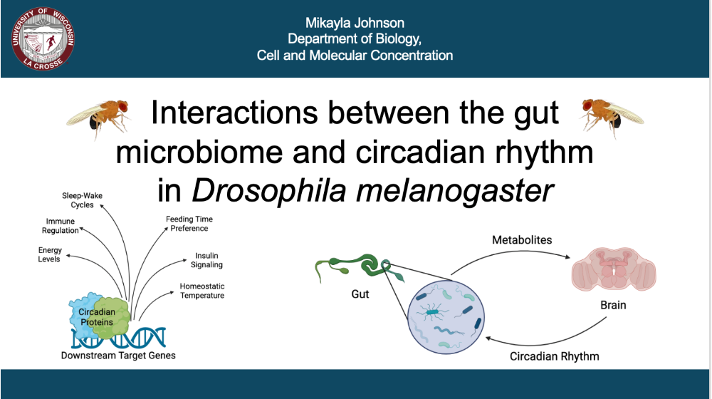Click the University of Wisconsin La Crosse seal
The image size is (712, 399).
tap(43, 38)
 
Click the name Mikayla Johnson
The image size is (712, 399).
tap(355, 23)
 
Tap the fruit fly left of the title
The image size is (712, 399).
tap(98, 118)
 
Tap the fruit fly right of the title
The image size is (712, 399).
tap(611, 117)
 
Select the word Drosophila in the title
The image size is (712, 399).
tap(269, 190)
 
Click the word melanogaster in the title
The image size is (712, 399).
tap(454, 191)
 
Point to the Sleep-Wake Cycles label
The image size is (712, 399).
tap(82, 200)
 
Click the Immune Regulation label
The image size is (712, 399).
tap(61, 226)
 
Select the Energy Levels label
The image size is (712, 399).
tap(50, 254)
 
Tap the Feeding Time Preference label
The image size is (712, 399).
tap(189, 224)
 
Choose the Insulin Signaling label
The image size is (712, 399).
tap(206, 260)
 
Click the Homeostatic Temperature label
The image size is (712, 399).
tap(202, 291)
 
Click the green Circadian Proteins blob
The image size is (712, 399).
tap(112, 317)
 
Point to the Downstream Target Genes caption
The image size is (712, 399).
tap(118, 356)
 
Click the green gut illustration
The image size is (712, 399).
tap(359, 268)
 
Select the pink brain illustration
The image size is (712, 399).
tap(614, 269)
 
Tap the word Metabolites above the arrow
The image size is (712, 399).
tap(522, 240)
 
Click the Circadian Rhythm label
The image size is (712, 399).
tap(555, 356)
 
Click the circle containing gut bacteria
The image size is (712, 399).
tap(446, 317)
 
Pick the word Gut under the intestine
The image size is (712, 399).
tap(360, 294)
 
